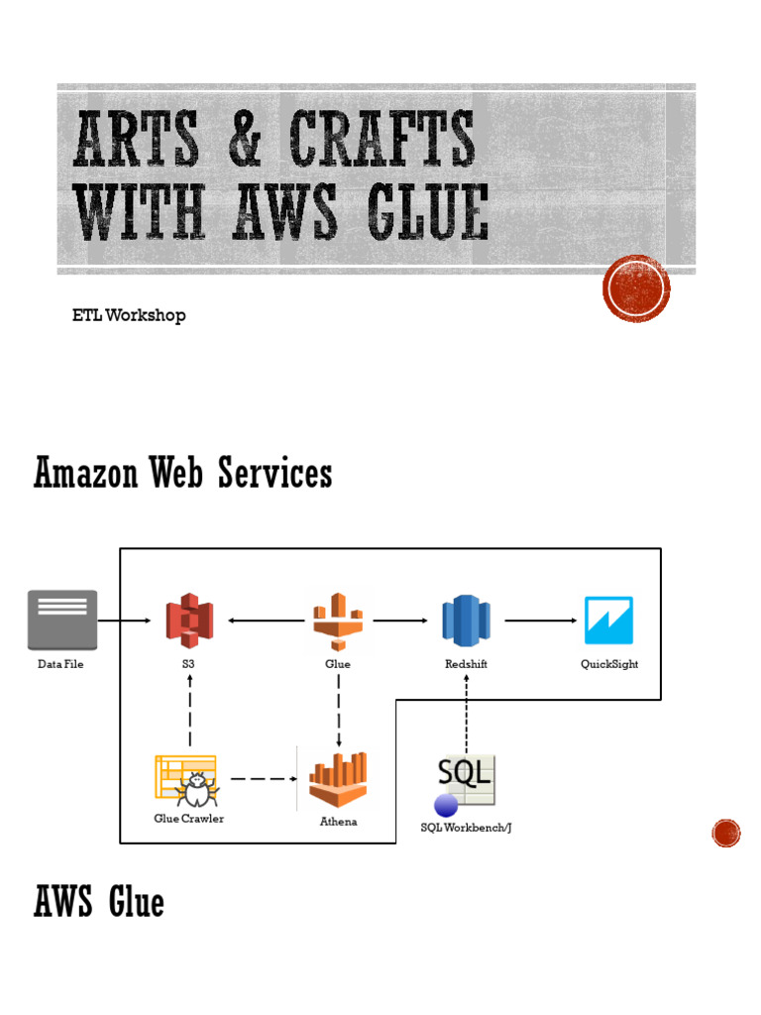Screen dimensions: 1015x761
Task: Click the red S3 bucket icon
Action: (x=189, y=620)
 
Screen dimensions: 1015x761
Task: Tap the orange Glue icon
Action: (x=338, y=620)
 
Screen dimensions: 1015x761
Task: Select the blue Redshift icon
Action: (x=466, y=620)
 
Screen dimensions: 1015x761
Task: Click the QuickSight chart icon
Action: (x=608, y=620)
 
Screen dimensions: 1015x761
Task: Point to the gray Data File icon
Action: (x=61, y=620)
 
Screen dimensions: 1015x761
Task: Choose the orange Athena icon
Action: (x=338, y=780)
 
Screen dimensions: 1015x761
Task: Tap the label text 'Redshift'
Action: (x=466, y=664)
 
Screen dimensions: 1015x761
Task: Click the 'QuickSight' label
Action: (x=609, y=664)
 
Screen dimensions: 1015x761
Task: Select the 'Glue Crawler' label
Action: (x=188, y=819)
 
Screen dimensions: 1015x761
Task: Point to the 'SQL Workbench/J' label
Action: (x=466, y=828)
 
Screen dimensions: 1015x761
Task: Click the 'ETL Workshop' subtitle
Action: (x=129, y=315)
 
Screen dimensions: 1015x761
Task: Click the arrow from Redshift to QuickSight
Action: (x=540, y=621)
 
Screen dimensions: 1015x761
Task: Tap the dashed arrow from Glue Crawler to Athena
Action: (x=263, y=779)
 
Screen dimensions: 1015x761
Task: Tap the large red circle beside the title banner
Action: (x=636, y=288)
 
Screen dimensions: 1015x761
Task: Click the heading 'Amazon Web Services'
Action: (x=183, y=474)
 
